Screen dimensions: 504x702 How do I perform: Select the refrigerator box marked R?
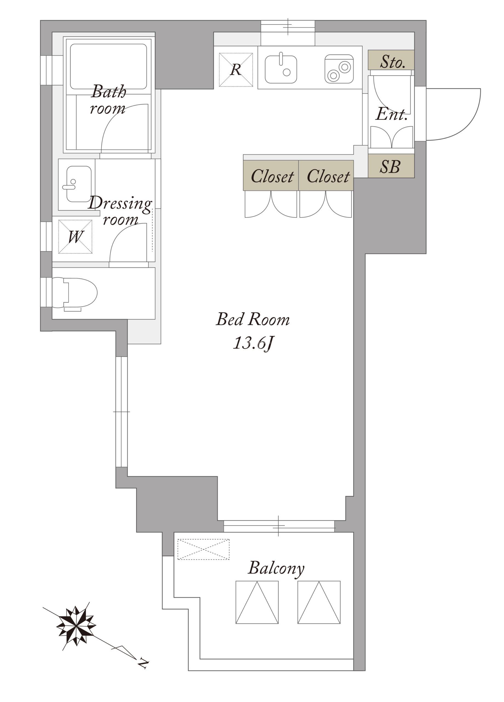tap(236, 70)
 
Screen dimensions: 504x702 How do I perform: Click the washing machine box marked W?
tap(75, 237)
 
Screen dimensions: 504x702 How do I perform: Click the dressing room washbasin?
tap(78, 184)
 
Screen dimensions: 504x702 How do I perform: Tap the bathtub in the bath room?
tap(108, 67)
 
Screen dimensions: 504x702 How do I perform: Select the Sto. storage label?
tap(392, 62)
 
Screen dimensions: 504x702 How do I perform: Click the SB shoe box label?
tap(390, 166)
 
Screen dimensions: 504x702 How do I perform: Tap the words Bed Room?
tap(253, 319)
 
